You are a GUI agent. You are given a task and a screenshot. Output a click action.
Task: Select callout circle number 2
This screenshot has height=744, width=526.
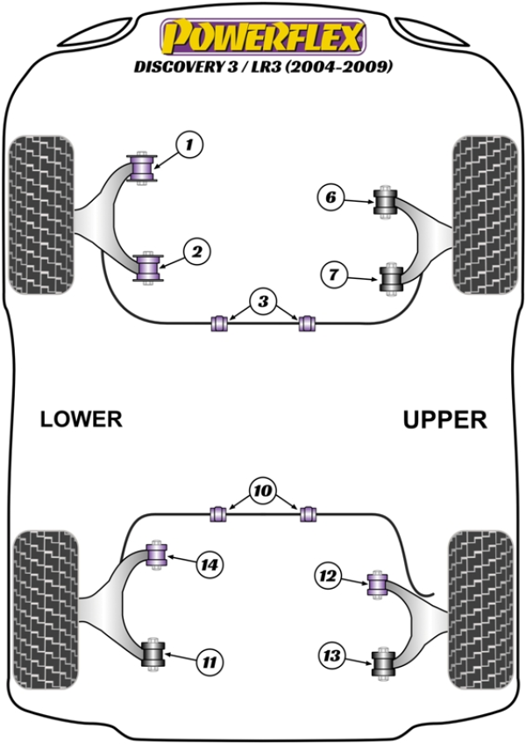(196, 253)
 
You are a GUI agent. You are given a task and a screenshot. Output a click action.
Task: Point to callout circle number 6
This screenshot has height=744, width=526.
(331, 198)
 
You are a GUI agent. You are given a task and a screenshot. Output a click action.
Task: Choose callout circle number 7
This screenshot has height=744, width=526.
(332, 275)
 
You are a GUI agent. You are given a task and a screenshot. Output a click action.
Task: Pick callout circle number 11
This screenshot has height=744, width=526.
(209, 661)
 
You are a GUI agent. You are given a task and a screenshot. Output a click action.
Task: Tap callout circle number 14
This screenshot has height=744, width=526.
(209, 565)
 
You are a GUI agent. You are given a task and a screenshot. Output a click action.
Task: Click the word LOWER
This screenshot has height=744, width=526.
(81, 419)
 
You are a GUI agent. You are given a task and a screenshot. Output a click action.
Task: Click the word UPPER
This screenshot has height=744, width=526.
(444, 420)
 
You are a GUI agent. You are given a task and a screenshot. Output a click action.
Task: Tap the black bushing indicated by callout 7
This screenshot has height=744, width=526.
(389, 280)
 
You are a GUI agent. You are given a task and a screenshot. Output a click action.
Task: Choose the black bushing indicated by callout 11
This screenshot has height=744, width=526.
(154, 654)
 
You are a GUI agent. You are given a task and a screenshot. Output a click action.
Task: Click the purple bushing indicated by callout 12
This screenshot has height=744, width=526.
(378, 583)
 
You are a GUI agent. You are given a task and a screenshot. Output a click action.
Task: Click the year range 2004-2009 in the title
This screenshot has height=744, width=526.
(343, 66)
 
